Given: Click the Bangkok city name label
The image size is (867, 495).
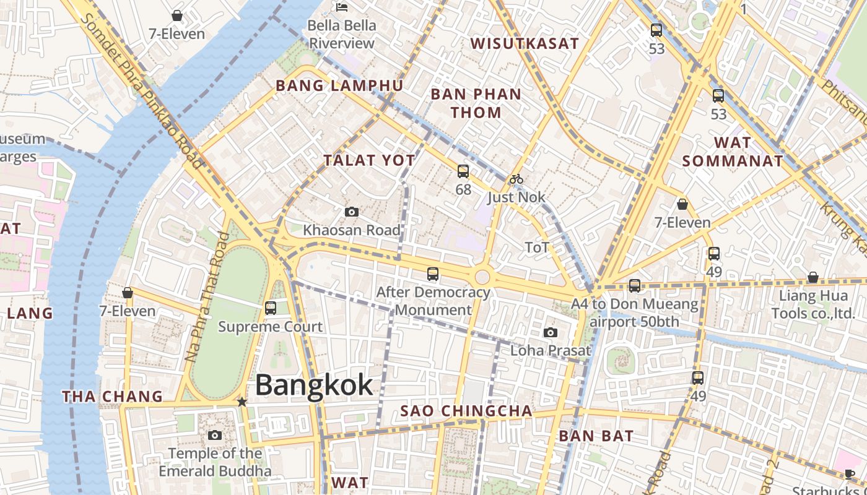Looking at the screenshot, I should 314,384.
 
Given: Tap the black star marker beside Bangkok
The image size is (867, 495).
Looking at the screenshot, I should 242,402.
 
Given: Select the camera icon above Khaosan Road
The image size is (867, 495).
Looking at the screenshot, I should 352,212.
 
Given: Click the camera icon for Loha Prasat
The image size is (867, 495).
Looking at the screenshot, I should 551,332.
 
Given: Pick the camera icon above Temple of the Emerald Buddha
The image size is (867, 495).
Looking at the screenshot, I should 215,435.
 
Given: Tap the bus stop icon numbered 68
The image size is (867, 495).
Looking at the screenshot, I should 463,171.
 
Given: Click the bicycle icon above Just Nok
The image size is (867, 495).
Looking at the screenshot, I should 516,179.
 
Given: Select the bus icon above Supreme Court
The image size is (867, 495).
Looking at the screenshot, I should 271,308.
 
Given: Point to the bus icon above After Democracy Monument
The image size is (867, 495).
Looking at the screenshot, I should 433,273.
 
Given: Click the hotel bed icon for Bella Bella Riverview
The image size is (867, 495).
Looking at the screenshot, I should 342,7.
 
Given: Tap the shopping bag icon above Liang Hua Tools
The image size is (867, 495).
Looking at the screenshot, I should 813,277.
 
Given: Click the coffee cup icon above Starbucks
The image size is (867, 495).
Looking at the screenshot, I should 849,475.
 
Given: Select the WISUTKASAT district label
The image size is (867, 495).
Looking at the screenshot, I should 525,43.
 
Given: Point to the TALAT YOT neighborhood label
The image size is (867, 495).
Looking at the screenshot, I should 368,160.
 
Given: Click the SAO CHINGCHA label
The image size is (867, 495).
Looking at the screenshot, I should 466,411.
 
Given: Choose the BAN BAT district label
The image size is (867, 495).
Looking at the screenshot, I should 587,436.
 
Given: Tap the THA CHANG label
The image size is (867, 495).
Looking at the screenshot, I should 112,396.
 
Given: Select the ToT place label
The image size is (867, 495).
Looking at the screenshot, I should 537,247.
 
